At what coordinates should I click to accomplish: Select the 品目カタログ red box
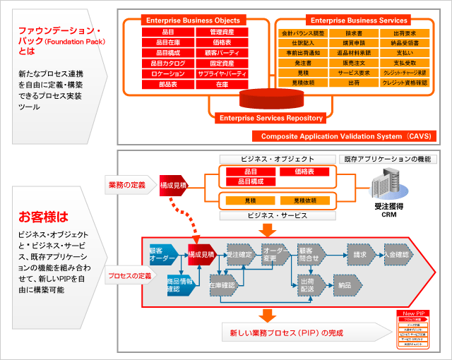tap(167, 64)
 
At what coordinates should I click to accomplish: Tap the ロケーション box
tap(167, 74)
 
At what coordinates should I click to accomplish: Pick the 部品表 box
tap(167, 85)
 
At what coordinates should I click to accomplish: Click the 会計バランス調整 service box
tap(304, 33)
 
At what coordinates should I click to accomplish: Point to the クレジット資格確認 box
tap(405, 83)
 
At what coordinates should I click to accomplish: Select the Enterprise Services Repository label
tap(271, 118)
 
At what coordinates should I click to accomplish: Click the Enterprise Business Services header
tap(359, 20)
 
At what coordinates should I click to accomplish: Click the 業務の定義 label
tap(127, 185)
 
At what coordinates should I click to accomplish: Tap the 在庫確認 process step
tap(222, 285)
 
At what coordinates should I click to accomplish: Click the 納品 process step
tap(344, 285)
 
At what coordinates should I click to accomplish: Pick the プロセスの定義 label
tap(130, 275)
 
